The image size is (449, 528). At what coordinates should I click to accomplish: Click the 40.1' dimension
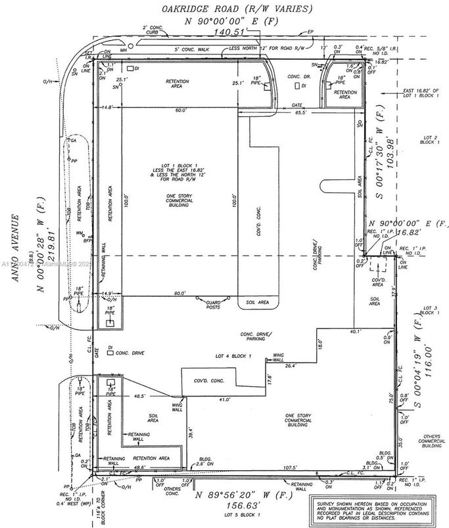[356, 332]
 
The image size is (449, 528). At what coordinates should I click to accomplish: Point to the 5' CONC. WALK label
[191, 51]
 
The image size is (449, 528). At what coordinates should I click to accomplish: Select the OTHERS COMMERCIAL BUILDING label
[432, 441]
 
